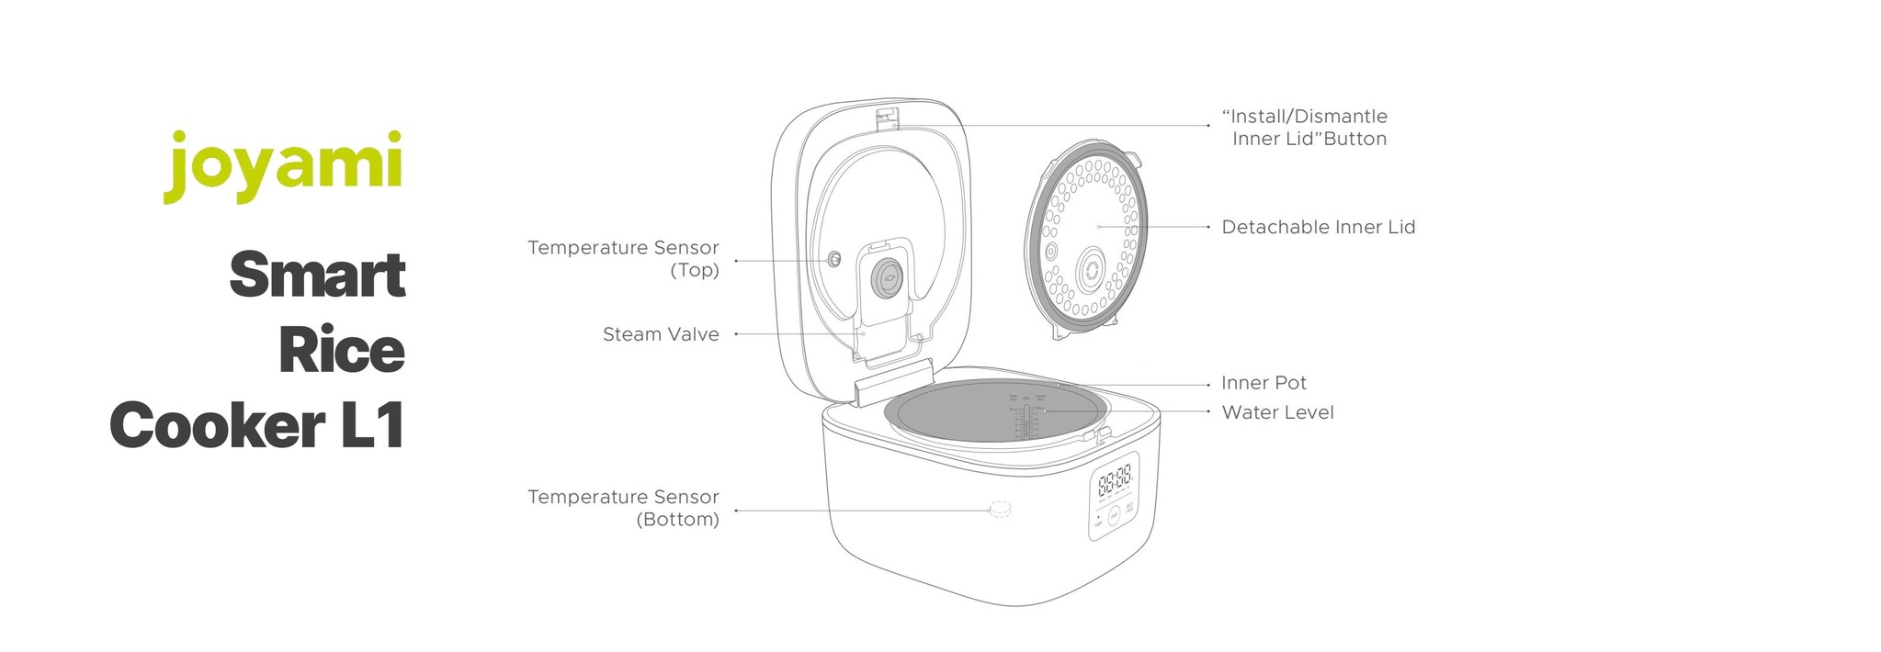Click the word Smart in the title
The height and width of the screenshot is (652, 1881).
[x=317, y=275]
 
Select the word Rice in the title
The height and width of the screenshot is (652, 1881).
[x=342, y=351]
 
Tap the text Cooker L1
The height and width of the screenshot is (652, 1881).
[x=257, y=426]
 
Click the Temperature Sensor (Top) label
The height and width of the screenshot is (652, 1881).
[x=623, y=258]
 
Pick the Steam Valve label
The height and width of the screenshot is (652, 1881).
[x=661, y=334]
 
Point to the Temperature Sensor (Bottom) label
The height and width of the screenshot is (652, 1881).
[x=623, y=508]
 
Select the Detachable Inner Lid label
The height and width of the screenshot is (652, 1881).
[x=1318, y=227]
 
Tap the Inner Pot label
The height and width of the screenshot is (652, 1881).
[x=1263, y=383]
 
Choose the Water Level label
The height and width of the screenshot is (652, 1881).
[x=1277, y=412]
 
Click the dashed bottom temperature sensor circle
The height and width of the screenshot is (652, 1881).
[x=999, y=510]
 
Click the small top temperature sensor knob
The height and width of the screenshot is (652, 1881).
[x=834, y=259]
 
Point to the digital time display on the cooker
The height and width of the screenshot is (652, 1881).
[x=1115, y=478]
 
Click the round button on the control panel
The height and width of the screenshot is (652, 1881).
[x=1114, y=517]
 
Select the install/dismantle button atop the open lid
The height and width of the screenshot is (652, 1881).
[x=886, y=117]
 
